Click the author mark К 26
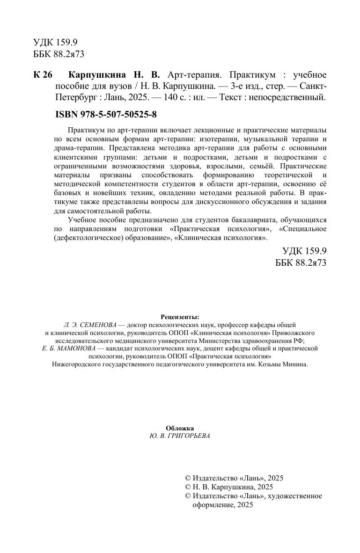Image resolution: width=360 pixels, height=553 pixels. (x=44, y=75)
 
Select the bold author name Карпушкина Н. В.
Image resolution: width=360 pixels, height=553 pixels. (x=114, y=75)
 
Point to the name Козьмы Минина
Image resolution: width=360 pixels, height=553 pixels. (x=287, y=364)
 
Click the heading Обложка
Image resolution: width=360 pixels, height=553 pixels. (x=180, y=428)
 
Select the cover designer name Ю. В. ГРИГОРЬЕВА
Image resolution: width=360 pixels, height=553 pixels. (x=180, y=436)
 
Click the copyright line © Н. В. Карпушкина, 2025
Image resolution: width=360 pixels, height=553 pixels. (x=229, y=487)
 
